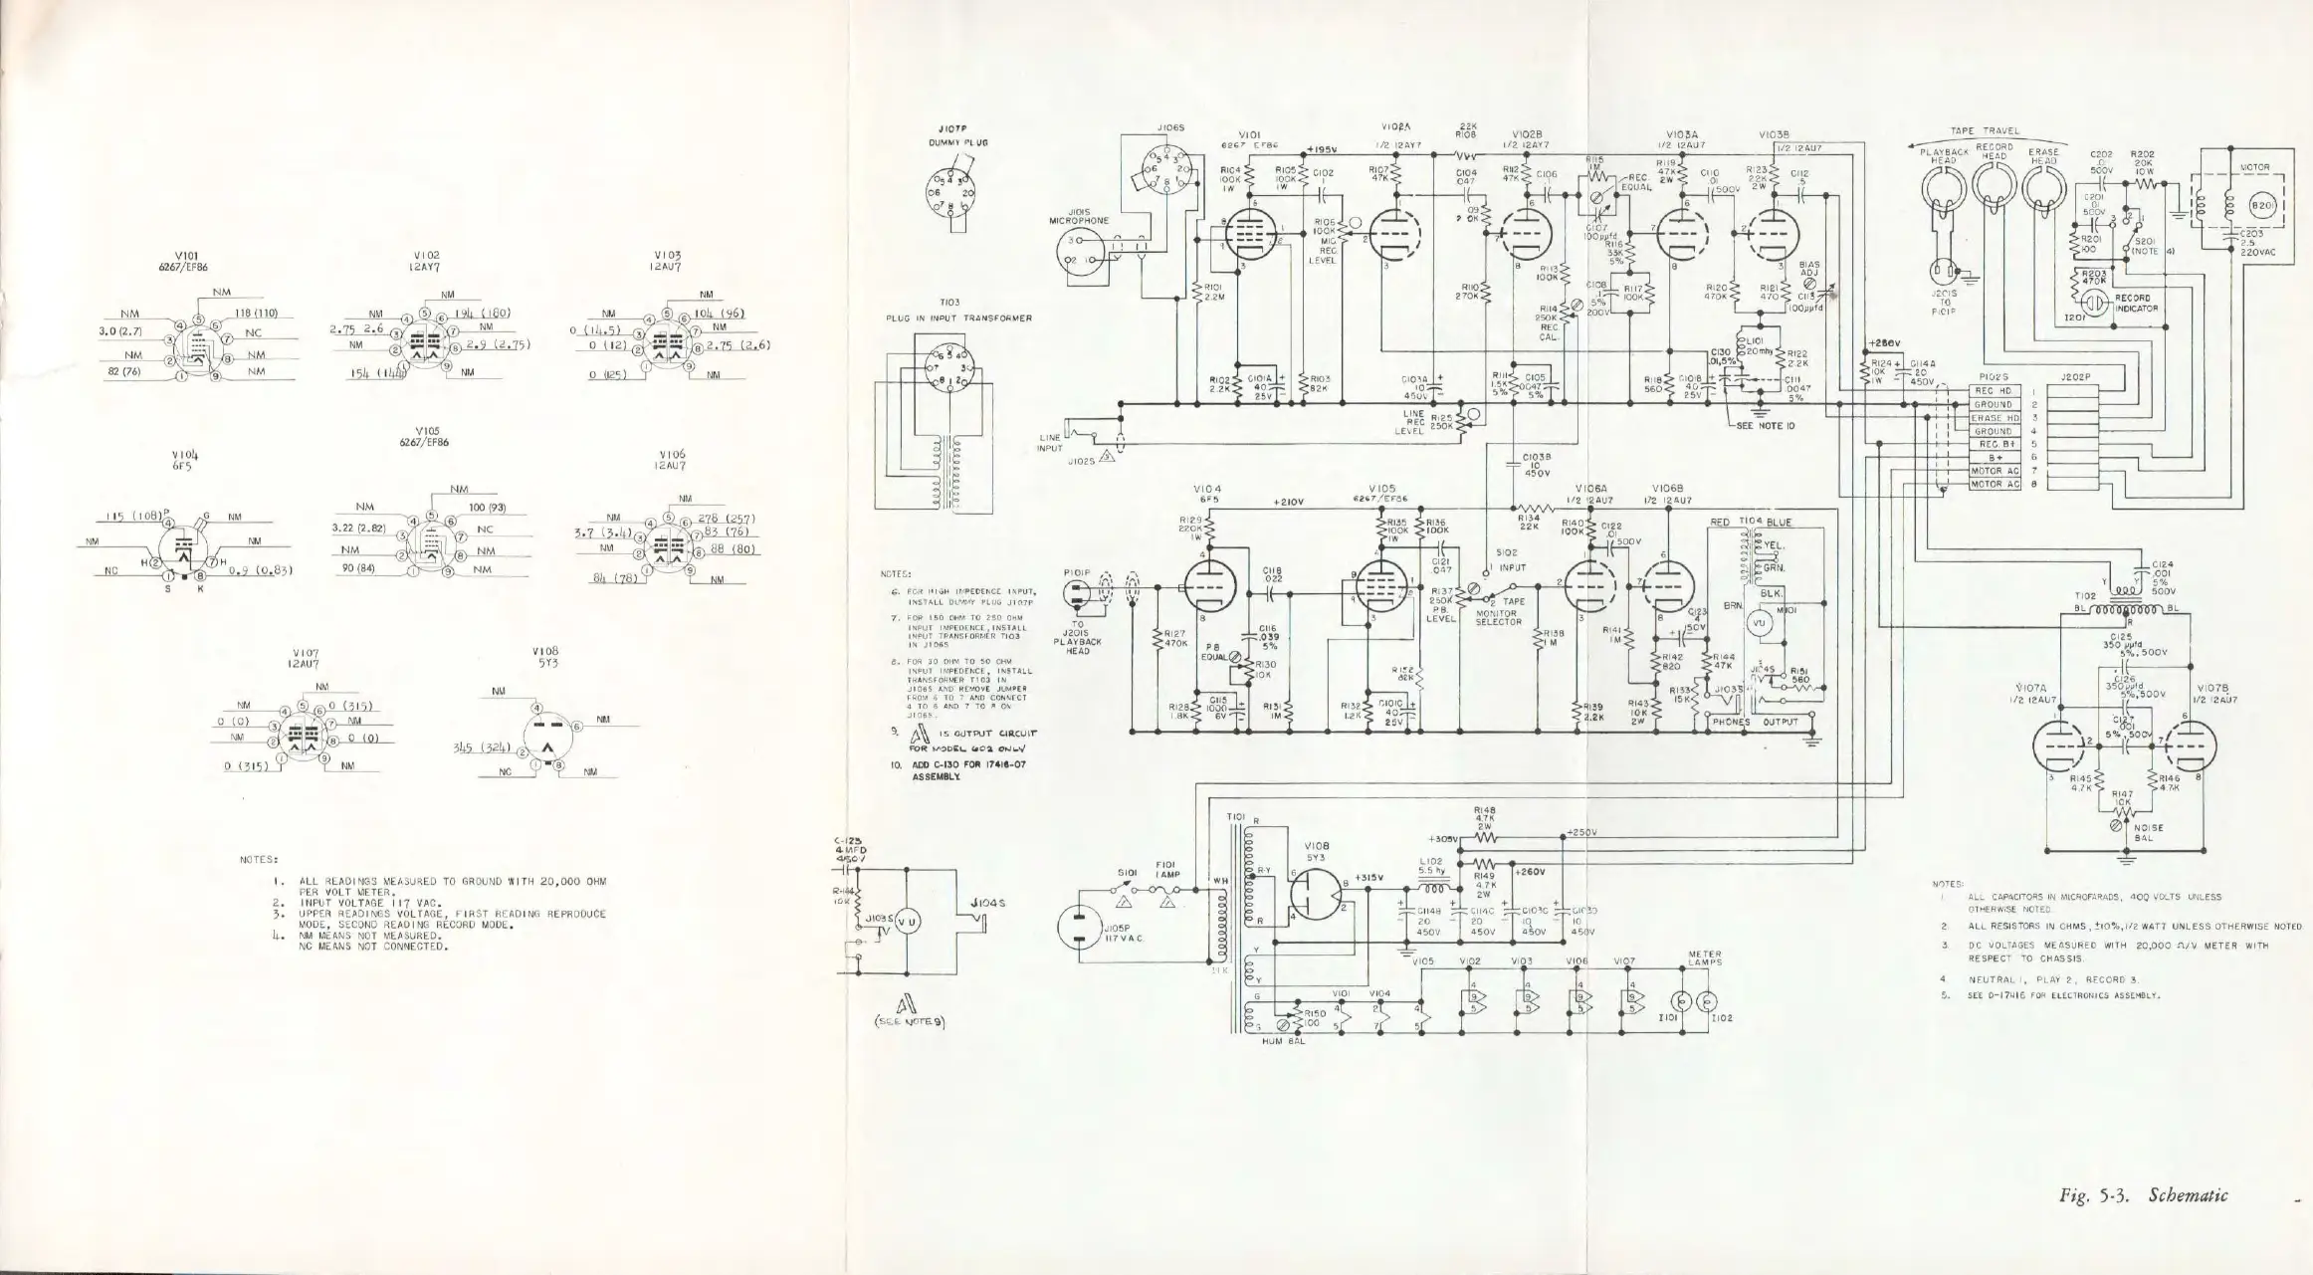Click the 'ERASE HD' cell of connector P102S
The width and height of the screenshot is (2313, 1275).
[1996, 418]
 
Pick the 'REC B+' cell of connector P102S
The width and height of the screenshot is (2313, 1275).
[1996, 444]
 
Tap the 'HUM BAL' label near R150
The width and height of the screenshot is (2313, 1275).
[1275, 1041]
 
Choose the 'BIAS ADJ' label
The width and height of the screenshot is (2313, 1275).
[1809, 269]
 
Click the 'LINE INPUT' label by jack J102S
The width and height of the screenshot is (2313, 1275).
[1047, 443]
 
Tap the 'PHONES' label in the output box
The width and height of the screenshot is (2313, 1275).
[1732, 723]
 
